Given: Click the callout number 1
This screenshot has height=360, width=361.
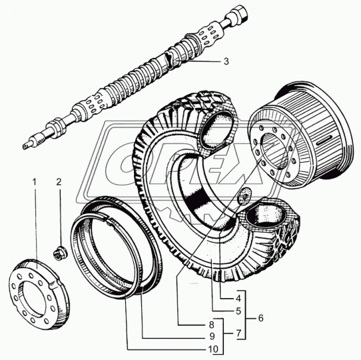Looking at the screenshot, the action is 35,182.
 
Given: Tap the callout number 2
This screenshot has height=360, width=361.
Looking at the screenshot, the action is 59,182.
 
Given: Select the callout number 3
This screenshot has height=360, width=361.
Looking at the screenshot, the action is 226,61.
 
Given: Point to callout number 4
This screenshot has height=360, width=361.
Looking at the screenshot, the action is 238,299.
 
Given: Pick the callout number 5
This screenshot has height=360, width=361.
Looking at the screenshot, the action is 238,311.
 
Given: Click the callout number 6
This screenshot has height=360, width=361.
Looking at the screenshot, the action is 260,318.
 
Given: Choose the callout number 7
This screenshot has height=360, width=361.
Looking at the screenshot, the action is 238,333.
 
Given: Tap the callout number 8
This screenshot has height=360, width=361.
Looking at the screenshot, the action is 212,325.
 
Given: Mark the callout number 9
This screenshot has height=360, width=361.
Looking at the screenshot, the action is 212,336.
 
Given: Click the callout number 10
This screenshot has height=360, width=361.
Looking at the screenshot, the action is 213,349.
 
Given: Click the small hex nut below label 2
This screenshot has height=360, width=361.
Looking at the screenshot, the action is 60,253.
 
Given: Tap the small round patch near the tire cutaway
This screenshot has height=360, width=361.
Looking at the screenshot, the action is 244,196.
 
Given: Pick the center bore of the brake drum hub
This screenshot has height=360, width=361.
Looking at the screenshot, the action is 274,151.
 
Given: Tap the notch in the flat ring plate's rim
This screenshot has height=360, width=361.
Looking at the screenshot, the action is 55,283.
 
